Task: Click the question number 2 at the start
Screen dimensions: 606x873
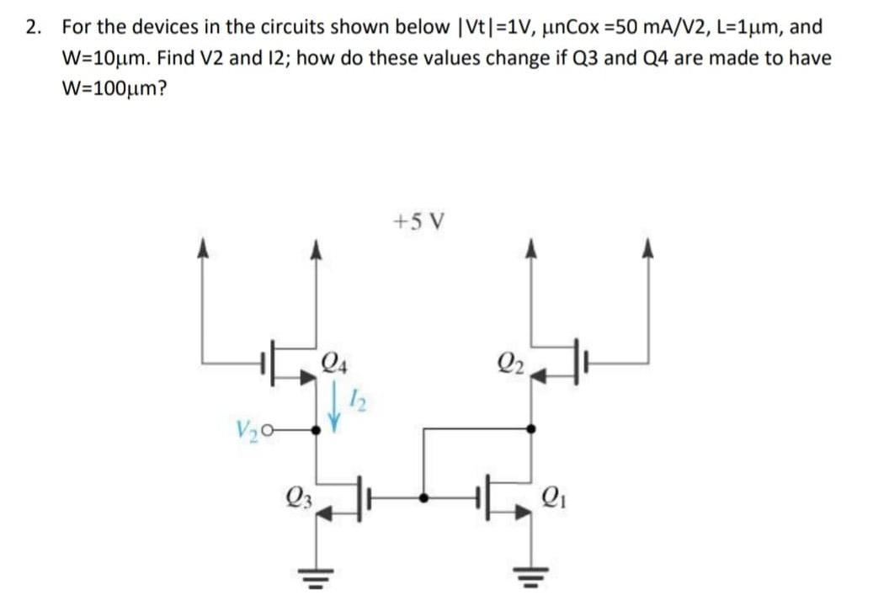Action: click(32, 27)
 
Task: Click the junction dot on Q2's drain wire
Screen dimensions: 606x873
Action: click(530, 429)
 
